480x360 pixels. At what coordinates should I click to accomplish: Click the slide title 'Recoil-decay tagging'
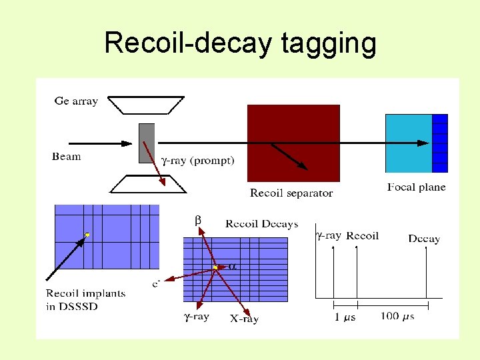[240, 44]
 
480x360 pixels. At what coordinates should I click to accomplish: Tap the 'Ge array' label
[76, 101]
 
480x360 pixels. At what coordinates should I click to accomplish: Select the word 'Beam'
[67, 157]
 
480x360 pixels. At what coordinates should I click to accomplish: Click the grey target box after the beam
[147, 143]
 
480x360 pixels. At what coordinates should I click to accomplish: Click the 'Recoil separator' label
[291, 193]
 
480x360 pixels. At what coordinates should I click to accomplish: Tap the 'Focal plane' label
[416, 187]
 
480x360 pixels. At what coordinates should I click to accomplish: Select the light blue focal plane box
[409, 143]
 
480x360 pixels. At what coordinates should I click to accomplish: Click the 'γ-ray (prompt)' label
[199, 161]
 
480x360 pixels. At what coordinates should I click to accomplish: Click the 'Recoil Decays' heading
[261, 224]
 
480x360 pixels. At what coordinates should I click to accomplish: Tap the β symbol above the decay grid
[197, 221]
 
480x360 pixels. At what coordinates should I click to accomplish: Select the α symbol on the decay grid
[233, 266]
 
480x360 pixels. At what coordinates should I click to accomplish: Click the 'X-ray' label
[244, 319]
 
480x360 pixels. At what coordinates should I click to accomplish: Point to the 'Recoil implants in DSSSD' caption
[85, 300]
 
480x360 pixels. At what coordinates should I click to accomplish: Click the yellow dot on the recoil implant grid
[87, 235]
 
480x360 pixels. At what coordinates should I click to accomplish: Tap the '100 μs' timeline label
[398, 316]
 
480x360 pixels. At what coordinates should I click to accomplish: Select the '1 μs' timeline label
[345, 317]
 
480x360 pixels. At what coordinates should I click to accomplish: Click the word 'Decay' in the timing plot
[424, 239]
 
